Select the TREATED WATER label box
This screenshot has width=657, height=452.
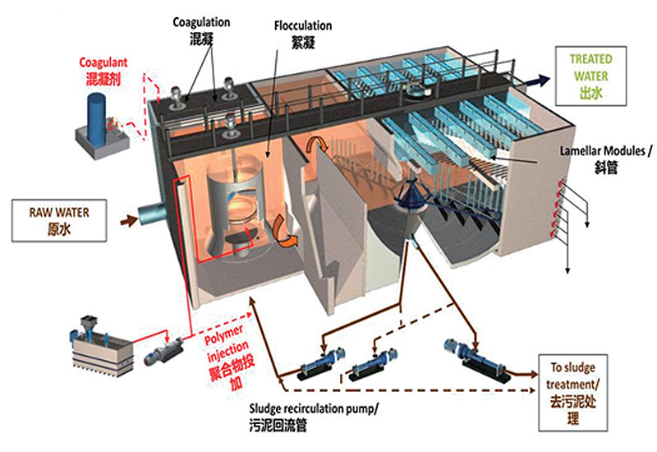[x=589, y=75]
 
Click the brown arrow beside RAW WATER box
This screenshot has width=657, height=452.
[x=126, y=220]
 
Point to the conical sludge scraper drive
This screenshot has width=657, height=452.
[x=408, y=191]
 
